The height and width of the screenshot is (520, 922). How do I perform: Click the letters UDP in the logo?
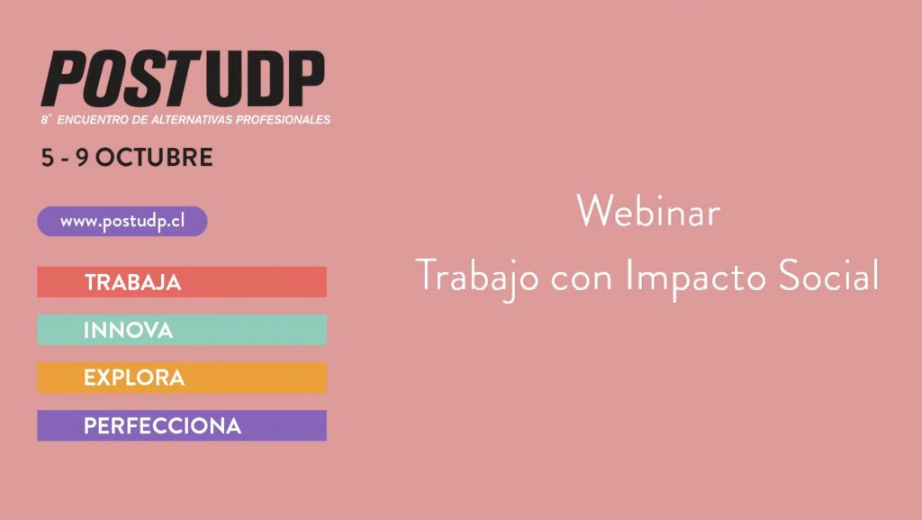point(266,78)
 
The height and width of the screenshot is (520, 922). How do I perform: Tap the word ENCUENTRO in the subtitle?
point(93,120)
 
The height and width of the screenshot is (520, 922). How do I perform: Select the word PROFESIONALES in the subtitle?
point(284,120)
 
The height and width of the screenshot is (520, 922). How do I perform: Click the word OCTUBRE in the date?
point(154,158)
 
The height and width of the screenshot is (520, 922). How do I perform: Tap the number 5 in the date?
point(47,158)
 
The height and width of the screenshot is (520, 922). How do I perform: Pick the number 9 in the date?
point(82,158)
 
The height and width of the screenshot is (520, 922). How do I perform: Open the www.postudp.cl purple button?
point(122,221)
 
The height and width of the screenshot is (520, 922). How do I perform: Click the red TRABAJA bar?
point(182,282)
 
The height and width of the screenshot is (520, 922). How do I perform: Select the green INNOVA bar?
point(182,330)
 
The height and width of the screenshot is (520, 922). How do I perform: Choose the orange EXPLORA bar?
point(182,378)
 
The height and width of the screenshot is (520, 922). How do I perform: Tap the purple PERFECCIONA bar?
point(182,425)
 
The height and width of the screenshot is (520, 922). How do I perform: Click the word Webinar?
point(648,211)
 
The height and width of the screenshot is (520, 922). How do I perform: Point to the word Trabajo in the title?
point(477,278)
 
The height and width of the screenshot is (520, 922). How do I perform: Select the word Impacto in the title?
point(695,278)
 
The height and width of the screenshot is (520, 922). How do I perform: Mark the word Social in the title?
point(828,275)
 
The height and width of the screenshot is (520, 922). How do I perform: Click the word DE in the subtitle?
point(140,120)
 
